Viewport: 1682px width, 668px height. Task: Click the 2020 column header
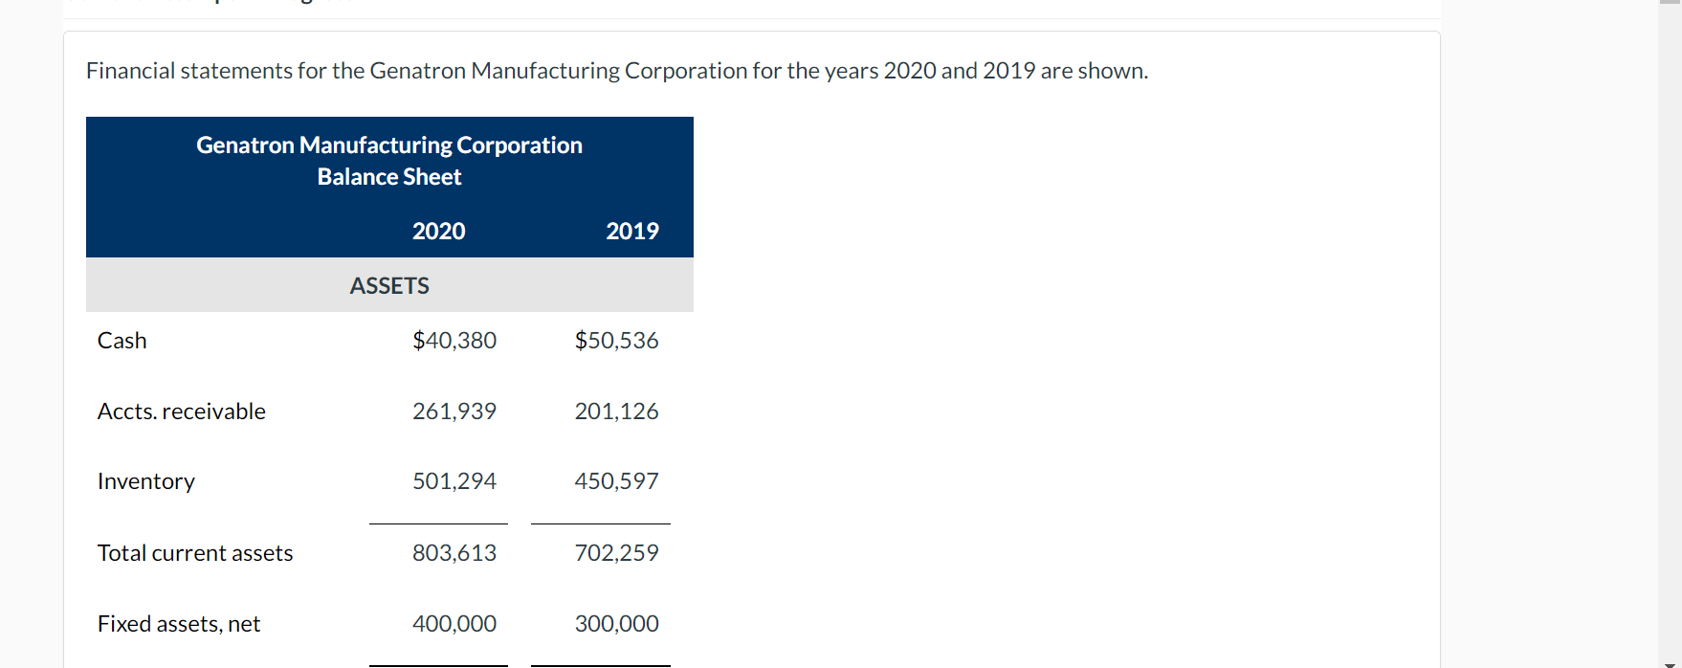pos(438,231)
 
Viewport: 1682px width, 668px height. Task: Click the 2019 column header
pos(631,231)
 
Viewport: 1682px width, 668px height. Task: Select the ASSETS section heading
pos(389,285)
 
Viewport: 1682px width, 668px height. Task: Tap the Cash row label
pos(122,341)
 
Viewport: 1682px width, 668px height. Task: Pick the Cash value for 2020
pos(454,341)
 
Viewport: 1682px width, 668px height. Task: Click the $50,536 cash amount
pos(616,341)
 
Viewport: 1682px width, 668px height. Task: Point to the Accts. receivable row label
pos(182,412)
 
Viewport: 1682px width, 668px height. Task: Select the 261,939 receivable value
pos(454,412)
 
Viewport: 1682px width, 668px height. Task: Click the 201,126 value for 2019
pos(616,412)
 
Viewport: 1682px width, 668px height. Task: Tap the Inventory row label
pos(146,481)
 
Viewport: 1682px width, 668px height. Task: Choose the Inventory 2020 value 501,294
pos(454,481)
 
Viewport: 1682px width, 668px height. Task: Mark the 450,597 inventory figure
pos(616,481)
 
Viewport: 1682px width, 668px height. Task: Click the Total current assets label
pos(195,553)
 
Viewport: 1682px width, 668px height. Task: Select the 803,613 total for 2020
pos(454,553)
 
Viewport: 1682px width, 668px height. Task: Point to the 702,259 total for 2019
pos(616,553)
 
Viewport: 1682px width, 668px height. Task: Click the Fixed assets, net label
pos(179,624)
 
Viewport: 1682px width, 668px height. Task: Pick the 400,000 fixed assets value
pos(454,624)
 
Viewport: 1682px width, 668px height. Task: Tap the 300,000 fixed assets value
pos(616,624)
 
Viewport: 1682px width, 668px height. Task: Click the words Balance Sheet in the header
pos(389,177)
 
